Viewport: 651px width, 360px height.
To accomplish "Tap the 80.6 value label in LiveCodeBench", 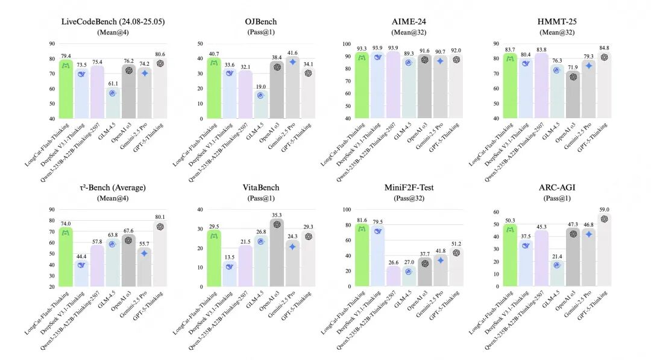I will [x=160, y=54].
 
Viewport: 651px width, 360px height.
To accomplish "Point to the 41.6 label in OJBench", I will [x=293, y=52].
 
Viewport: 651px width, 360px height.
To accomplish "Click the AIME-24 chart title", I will [x=409, y=22].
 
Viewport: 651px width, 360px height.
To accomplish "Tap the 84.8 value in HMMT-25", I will [x=605, y=48].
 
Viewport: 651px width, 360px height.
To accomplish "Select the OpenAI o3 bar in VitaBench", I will [x=277, y=253].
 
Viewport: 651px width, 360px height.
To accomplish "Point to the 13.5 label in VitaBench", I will [x=230, y=256].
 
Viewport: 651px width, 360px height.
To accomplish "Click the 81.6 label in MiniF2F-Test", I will [x=362, y=220].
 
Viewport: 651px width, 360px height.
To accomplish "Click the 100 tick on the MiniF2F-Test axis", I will [x=346, y=210].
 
